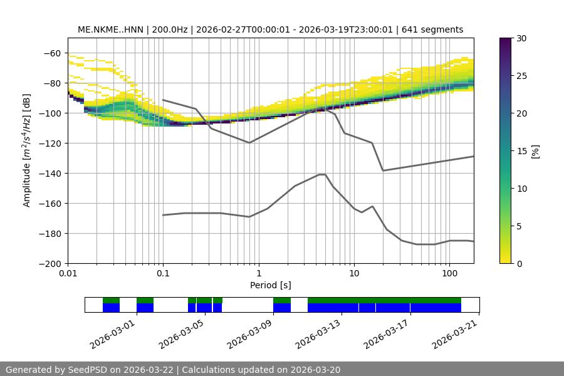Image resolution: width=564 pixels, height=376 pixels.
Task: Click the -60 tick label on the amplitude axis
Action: point(52,53)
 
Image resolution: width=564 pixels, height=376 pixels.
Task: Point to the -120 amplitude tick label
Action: point(50,144)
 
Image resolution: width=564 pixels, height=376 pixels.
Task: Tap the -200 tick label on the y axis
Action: point(50,264)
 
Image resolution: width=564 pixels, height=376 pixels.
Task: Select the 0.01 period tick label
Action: point(68,274)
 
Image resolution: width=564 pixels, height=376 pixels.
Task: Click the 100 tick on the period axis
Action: point(449,274)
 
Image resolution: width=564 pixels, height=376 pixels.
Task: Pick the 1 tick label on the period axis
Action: point(258,274)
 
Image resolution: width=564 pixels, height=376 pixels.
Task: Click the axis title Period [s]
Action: point(271,286)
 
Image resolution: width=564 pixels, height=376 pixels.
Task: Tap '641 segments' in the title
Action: point(433,29)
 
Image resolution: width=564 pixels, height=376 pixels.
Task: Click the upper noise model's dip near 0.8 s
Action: point(249,143)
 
